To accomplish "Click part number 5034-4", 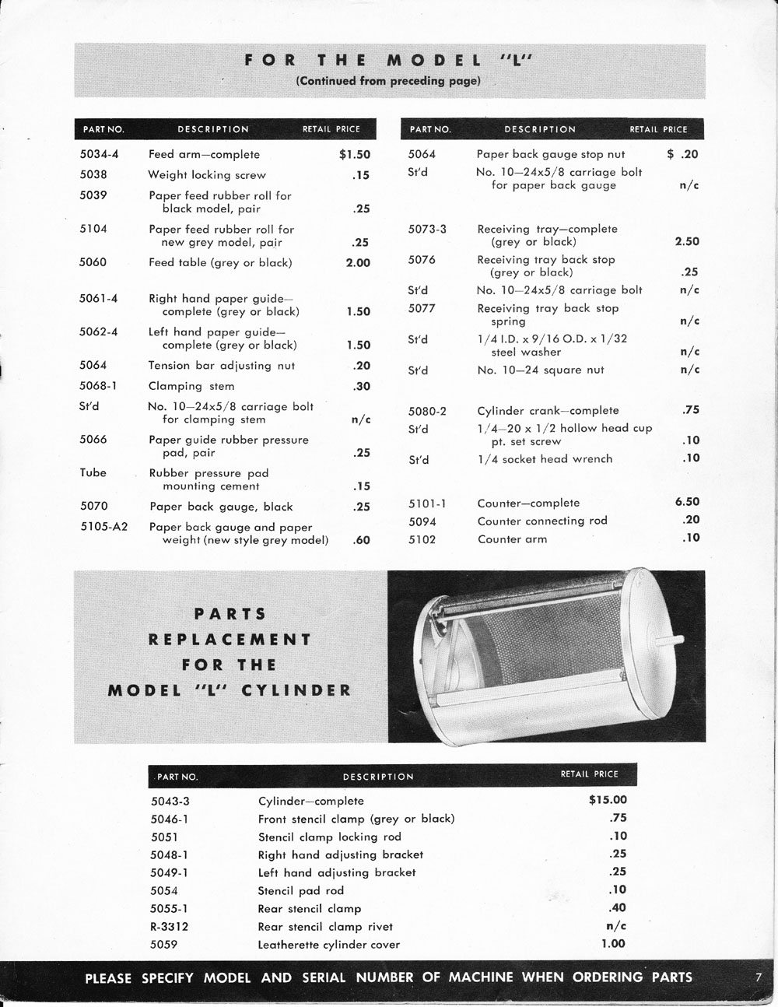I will [x=99, y=154].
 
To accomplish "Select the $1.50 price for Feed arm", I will [x=355, y=154].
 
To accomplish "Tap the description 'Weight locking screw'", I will [x=207, y=175].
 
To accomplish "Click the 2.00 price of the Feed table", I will [x=358, y=262].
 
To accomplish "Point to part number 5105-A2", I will [x=103, y=527].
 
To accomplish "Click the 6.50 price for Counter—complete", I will [x=687, y=502].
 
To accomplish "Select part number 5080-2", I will [x=427, y=411].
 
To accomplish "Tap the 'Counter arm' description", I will [x=512, y=539].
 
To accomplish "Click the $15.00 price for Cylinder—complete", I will [x=608, y=799].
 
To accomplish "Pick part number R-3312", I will [x=170, y=926].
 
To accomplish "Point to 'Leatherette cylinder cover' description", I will [x=328, y=945].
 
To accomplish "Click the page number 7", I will [x=757, y=977].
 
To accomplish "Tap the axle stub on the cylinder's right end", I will [x=667, y=644].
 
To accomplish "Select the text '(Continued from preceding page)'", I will [x=389, y=81].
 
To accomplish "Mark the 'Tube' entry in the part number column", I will [x=93, y=472].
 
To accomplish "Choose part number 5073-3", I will [x=427, y=229].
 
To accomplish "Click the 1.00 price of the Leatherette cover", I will [x=612, y=943].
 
